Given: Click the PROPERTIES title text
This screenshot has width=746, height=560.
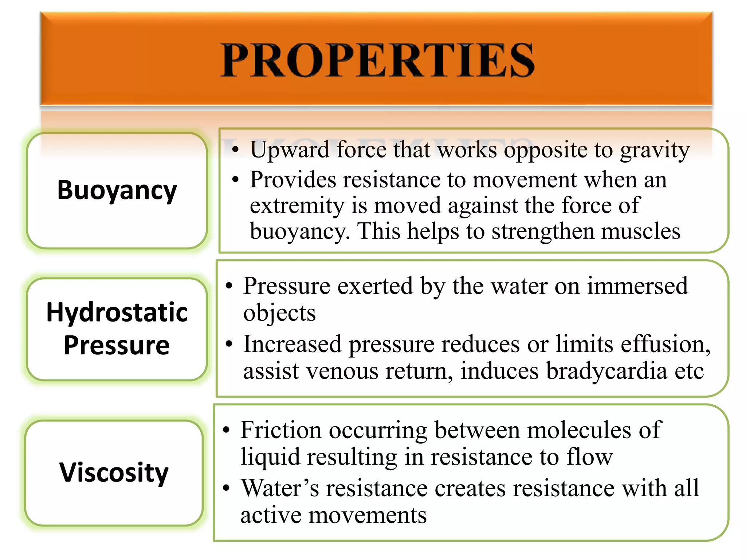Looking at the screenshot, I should point(377,60).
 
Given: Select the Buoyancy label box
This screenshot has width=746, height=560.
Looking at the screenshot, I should point(117,190).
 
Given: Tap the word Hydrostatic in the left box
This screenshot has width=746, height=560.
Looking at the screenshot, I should point(117,313).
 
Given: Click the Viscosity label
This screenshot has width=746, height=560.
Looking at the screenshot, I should point(114,472).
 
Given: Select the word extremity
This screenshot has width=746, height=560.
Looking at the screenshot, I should point(297,206).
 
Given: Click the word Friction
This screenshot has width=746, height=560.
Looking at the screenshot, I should point(281,430).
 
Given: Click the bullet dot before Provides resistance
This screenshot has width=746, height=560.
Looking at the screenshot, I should point(236,179).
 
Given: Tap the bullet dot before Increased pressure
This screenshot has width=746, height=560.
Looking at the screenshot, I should point(229,344).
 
